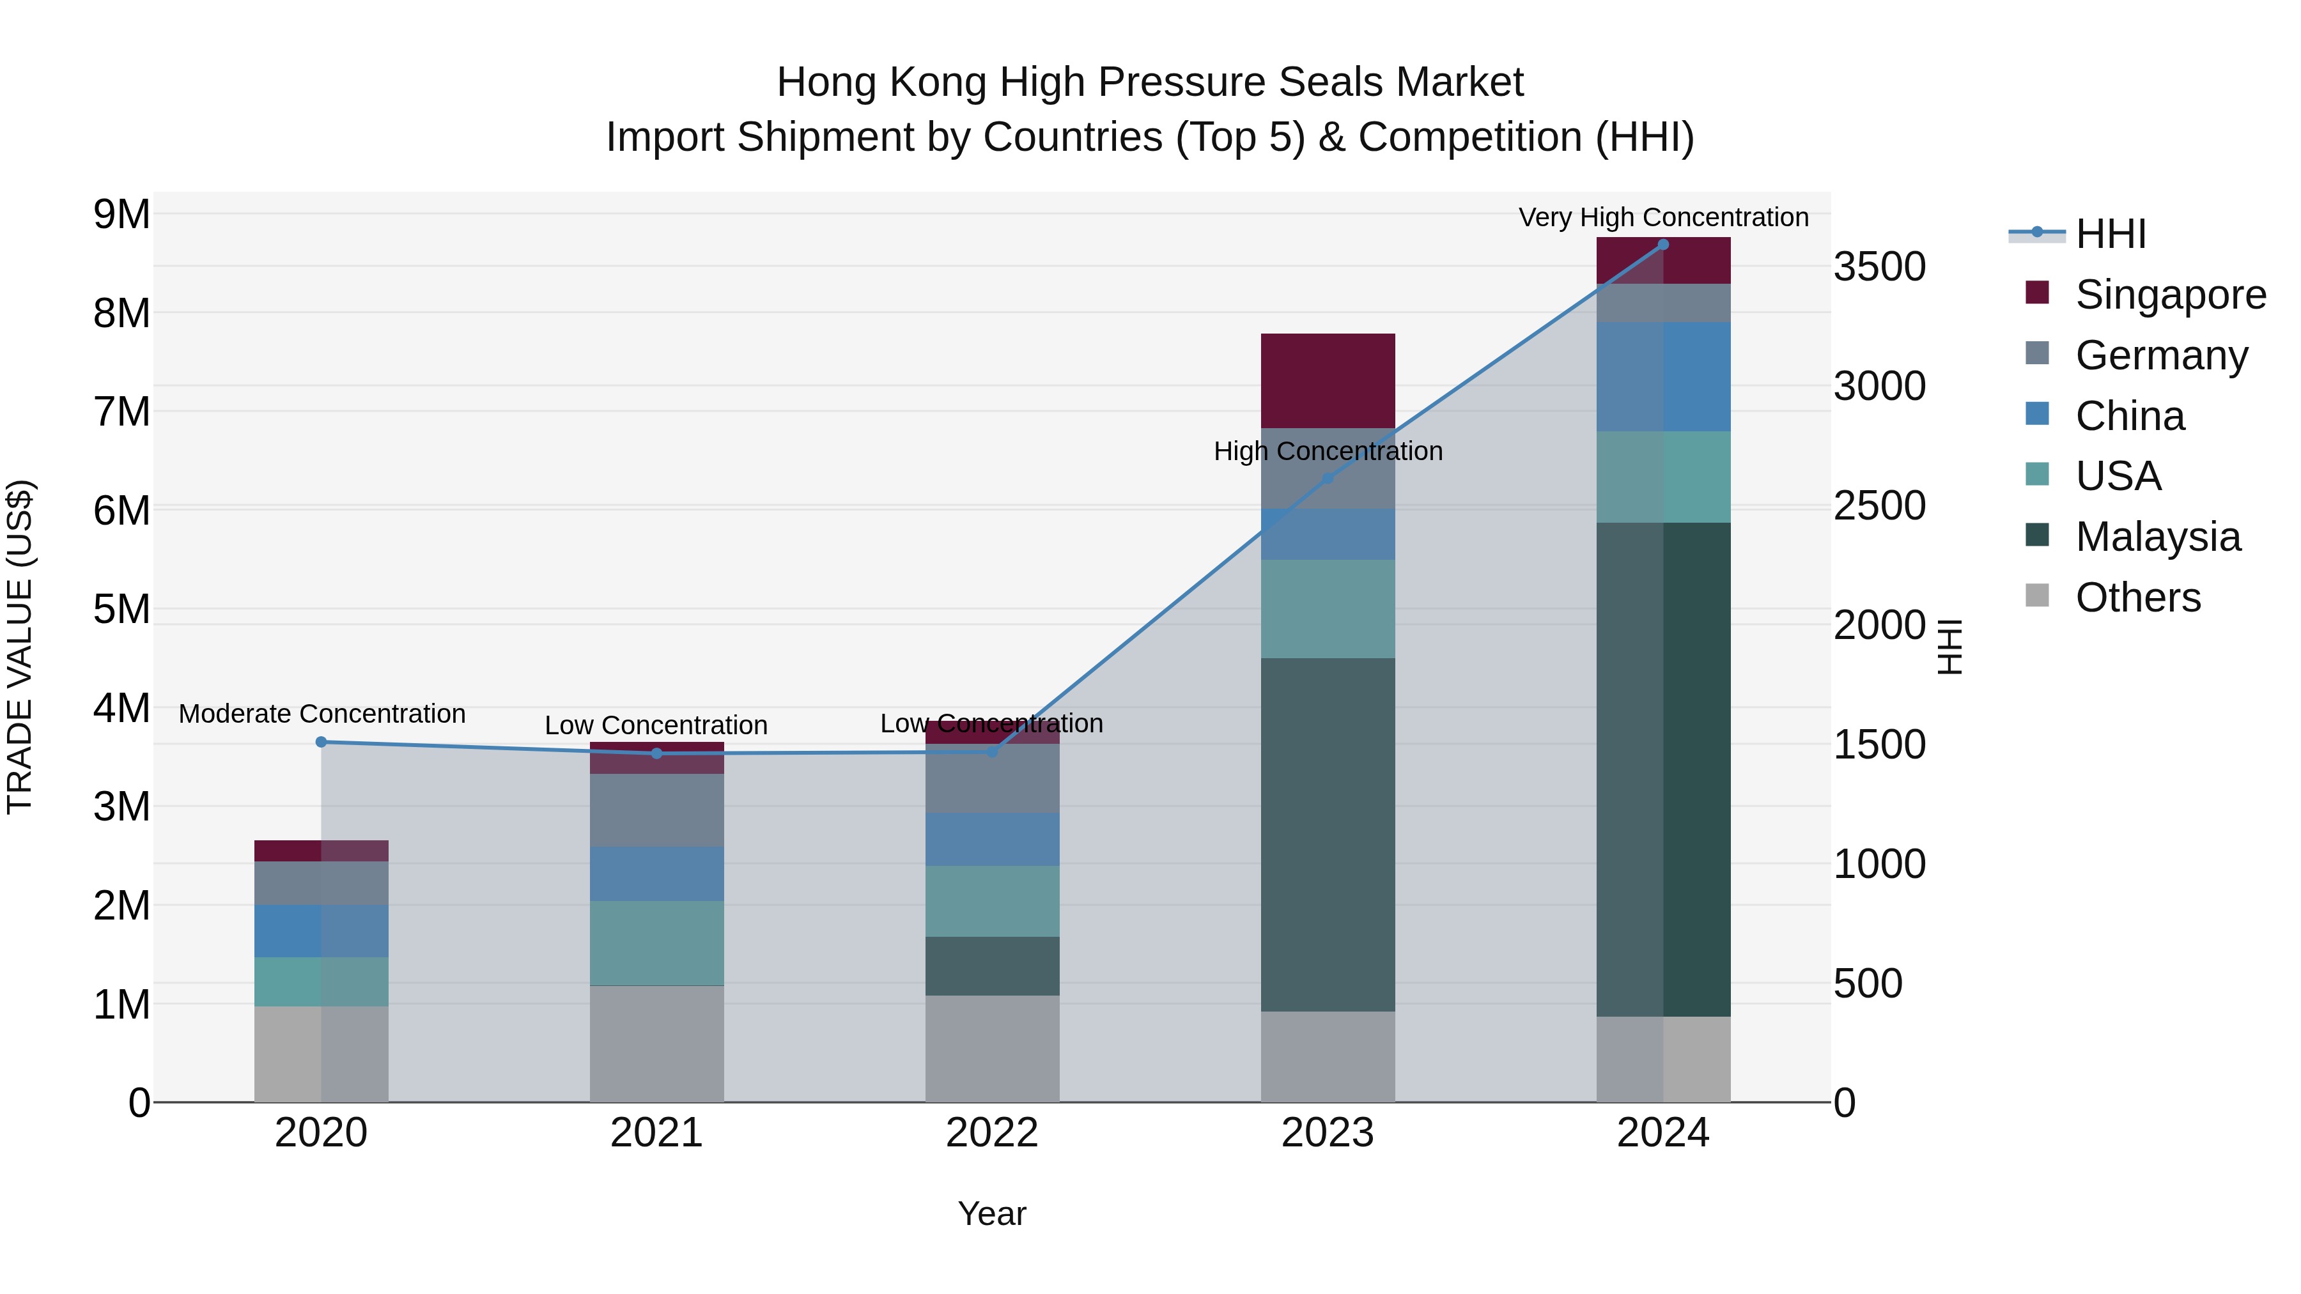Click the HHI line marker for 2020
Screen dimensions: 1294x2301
[322, 742]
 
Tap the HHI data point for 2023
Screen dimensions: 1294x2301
[1328, 479]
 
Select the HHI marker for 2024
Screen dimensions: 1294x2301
[1663, 245]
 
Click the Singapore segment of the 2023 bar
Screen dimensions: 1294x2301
[1328, 381]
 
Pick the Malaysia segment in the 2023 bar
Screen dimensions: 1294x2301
[1328, 835]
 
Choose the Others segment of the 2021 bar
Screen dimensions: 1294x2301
[656, 1044]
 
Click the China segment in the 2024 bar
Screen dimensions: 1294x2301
[1663, 377]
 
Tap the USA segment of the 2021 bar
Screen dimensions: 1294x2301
[656, 943]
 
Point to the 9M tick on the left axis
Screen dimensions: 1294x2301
[121, 214]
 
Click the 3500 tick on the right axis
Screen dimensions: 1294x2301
[1879, 267]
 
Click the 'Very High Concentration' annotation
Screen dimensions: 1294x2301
[1663, 217]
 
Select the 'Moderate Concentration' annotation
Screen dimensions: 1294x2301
[322, 714]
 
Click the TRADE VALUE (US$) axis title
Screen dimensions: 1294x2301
[20, 647]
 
